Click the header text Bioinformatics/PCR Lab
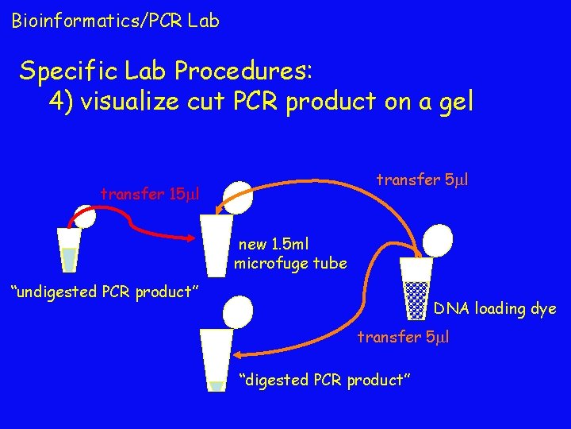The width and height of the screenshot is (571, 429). pos(115,21)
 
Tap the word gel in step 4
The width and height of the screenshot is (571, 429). pos(451,102)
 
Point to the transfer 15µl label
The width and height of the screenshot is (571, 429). pos(149,193)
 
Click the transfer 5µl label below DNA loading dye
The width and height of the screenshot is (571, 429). pos(403,337)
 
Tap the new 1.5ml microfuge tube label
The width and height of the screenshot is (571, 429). pos(290,253)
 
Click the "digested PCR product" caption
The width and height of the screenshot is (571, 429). pos(324,380)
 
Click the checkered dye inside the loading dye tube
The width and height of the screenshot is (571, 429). pos(416,298)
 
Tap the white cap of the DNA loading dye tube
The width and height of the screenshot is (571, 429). pos(437,238)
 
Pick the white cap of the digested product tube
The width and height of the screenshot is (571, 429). pos(237,312)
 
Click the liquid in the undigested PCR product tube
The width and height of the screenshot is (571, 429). pos(70,259)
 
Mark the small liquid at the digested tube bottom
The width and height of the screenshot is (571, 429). pos(217,386)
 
